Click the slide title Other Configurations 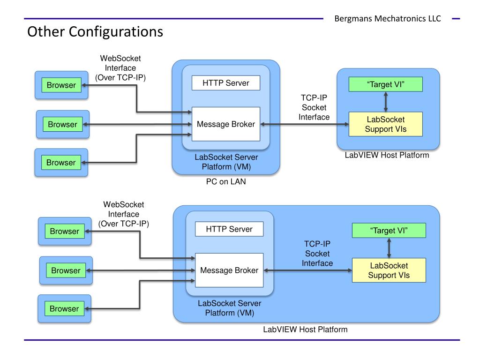point(95,32)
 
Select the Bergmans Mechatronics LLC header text point(388,19)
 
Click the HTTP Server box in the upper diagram point(226,83)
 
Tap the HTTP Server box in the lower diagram point(229,229)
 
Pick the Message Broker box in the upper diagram point(226,124)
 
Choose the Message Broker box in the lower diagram point(229,270)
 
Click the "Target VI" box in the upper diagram point(386,84)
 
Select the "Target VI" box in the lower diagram point(389,230)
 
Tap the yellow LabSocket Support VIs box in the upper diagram point(386,124)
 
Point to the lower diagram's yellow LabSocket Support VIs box point(389,270)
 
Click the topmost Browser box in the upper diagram point(61,85)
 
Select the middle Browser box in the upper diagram point(63,124)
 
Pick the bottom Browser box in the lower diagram point(64,308)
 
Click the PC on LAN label point(226,181)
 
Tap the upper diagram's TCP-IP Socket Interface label point(314,107)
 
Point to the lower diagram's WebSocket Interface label point(124,214)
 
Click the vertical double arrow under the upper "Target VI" point(386,102)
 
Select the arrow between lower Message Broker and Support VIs point(308,270)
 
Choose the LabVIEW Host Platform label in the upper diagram point(387,155)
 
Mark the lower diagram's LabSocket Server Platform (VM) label point(230,308)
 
